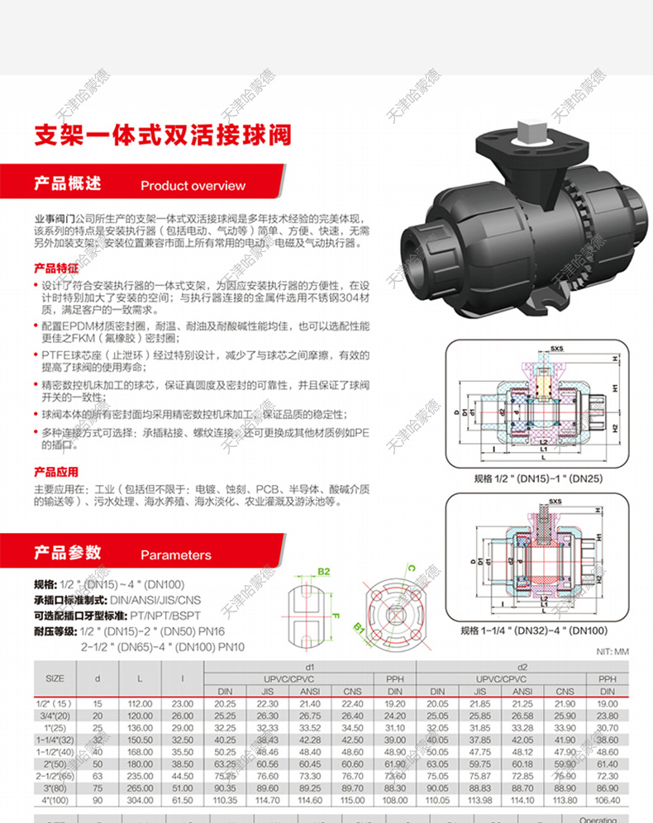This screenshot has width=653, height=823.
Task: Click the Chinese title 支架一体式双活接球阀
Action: click(x=161, y=134)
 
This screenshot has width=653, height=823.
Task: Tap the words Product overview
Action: click(x=193, y=186)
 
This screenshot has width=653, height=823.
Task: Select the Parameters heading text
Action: click(x=175, y=555)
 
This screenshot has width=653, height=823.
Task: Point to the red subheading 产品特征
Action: click(x=55, y=269)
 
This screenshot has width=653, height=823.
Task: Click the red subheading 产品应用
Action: click(x=55, y=472)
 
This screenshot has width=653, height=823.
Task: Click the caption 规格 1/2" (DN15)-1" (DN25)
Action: click(x=531, y=478)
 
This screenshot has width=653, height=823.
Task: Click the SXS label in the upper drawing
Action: click(x=534, y=349)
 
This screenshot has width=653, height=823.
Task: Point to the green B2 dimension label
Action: click(x=324, y=572)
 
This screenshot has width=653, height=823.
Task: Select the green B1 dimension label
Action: click(x=360, y=630)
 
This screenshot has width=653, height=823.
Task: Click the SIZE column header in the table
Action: click(x=55, y=678)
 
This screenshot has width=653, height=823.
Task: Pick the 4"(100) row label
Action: click(x=55, y=801)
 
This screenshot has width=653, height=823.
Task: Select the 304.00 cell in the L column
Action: click(x=140, y=801)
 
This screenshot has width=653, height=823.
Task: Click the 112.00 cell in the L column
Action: click(x=140, y=703)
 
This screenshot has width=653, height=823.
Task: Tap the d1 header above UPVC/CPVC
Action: click(x=310, y=666)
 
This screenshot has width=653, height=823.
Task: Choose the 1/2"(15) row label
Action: click(x=55, y=703)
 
